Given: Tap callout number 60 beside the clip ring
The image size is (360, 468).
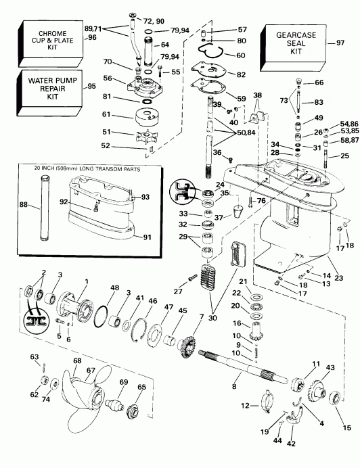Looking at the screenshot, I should [x=241, y=55].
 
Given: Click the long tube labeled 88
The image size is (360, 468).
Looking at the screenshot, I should [x=46, y=203].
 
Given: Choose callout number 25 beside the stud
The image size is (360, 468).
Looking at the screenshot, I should [x=345, y=157].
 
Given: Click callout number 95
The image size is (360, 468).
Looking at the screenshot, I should [x=92, y=87].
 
